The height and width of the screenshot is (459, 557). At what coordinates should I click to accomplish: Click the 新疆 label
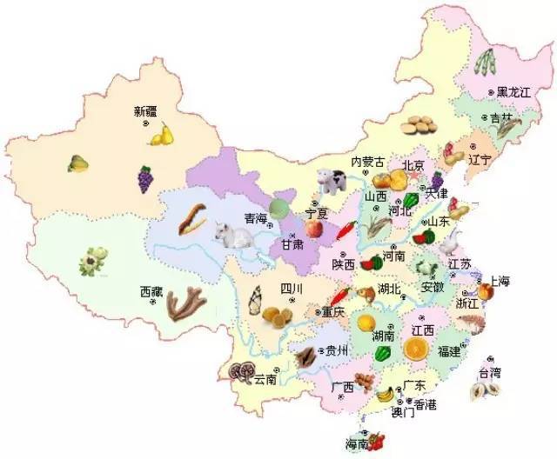click(x=146, y=110)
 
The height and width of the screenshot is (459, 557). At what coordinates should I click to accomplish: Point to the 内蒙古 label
click(x=366, y=162)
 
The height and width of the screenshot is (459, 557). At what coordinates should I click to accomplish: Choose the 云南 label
click(x=266, y=379)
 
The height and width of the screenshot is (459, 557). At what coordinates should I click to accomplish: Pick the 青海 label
click(x=255, y=218)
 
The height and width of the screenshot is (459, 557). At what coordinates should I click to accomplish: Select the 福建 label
click(x=449, y=351)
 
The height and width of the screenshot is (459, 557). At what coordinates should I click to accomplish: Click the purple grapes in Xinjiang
click(x=145, y=179)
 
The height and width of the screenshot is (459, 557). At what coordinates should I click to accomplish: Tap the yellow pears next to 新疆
click(x=162, y=135)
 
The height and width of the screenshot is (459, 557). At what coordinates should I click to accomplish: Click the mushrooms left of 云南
click(x=240, y=373)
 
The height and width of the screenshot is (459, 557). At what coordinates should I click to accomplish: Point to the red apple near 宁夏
click(x=312, y=228)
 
